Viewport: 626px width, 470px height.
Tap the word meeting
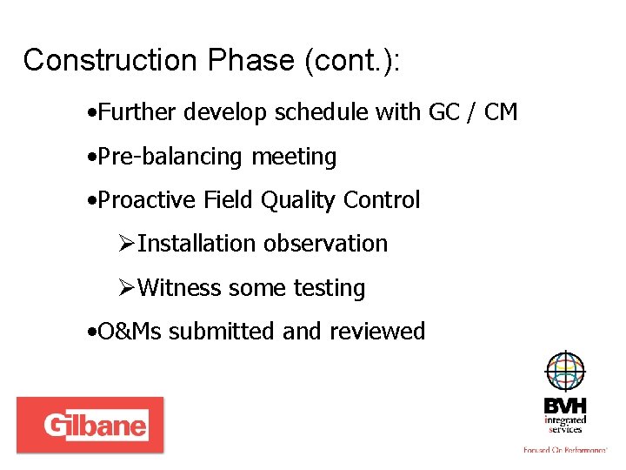pos(294,158)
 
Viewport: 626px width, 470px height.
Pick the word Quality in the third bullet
pos(300,201)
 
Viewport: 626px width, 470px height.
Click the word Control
pos(382,200)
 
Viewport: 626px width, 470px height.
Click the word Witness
pos(179,288)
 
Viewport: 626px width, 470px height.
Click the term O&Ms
pos(130,332)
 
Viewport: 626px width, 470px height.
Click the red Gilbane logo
pos(90,425)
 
